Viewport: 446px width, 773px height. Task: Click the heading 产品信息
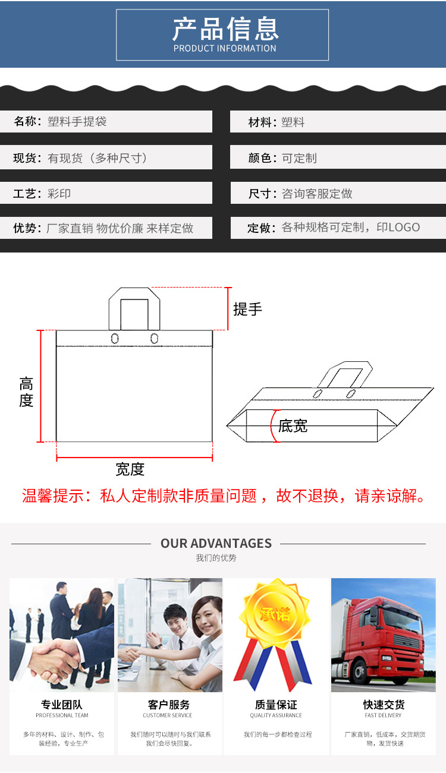click(225, 29)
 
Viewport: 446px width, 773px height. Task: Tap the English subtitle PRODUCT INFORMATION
click(225, 48)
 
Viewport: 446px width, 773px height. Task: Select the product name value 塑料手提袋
click(77, 122)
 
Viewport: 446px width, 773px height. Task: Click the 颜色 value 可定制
click(299, 158)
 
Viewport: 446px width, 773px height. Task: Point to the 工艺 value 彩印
click(59, 194)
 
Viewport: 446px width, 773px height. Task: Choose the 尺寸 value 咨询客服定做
click(317, 194)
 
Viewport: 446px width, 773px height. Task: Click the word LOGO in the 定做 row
click(404, 228)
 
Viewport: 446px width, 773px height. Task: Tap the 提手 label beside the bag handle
click(247, 309)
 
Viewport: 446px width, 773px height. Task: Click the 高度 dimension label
click(26, 392)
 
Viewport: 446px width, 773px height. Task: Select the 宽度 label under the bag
click(130, 469)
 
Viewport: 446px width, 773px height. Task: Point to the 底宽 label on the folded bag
click(293, 426)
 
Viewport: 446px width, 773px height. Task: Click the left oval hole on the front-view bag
click(115, 339)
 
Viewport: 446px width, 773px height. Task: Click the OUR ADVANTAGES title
click(216, 543)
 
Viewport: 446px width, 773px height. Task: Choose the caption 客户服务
click(169, 705)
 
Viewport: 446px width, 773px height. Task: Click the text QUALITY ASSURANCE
click(276, 715)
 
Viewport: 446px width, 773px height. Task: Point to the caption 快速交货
click(384, 705)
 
